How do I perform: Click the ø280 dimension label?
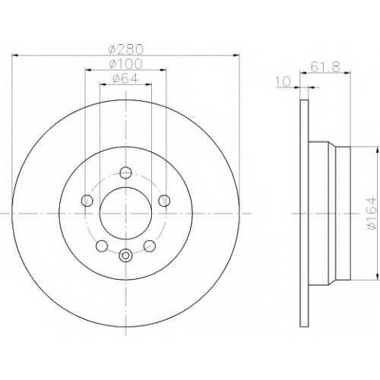click(x=126, y=49)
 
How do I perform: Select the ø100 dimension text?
click(x=126, y=64)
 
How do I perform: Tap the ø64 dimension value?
click(x=126, y=78)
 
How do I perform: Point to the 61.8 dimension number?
click(x=325, y=67)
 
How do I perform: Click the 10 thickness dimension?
click(x=283, y=82)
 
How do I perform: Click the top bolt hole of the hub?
click(x=125, y=173)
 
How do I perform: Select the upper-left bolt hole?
click(x=87, y=201)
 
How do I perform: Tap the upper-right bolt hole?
click(x=164, y=201)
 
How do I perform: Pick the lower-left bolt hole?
click(x=102, y=245)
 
